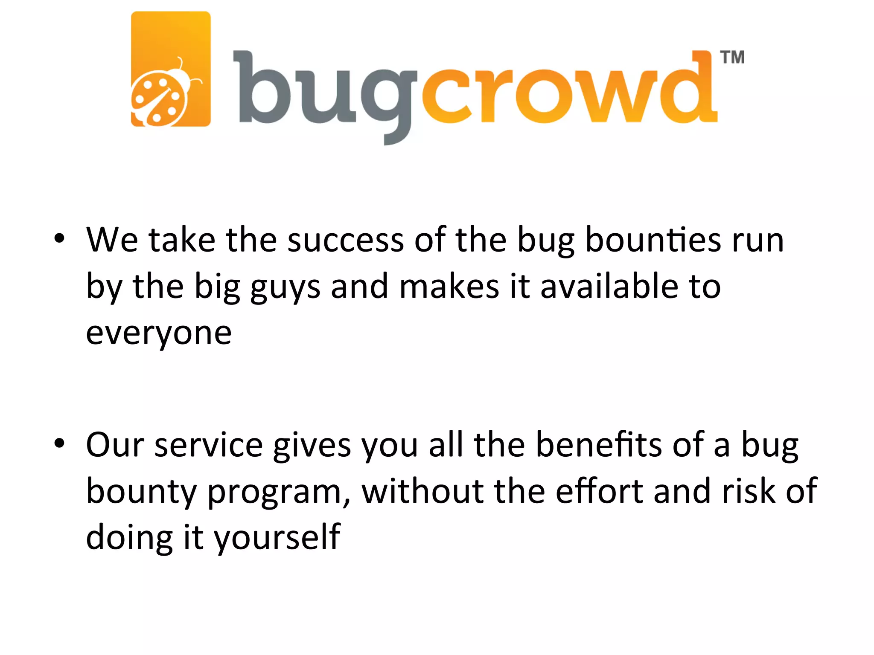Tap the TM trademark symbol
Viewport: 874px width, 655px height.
(732, 58)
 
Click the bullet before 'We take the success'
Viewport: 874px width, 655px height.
(59, 239)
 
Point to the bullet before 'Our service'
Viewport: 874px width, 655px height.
(59, 443)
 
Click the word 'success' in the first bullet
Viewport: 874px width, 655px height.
(345, 240)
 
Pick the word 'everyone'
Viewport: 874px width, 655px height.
(159, 333)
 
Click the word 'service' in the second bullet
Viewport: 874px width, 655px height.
(209, 445)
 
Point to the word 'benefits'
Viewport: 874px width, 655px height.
(599, 444)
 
